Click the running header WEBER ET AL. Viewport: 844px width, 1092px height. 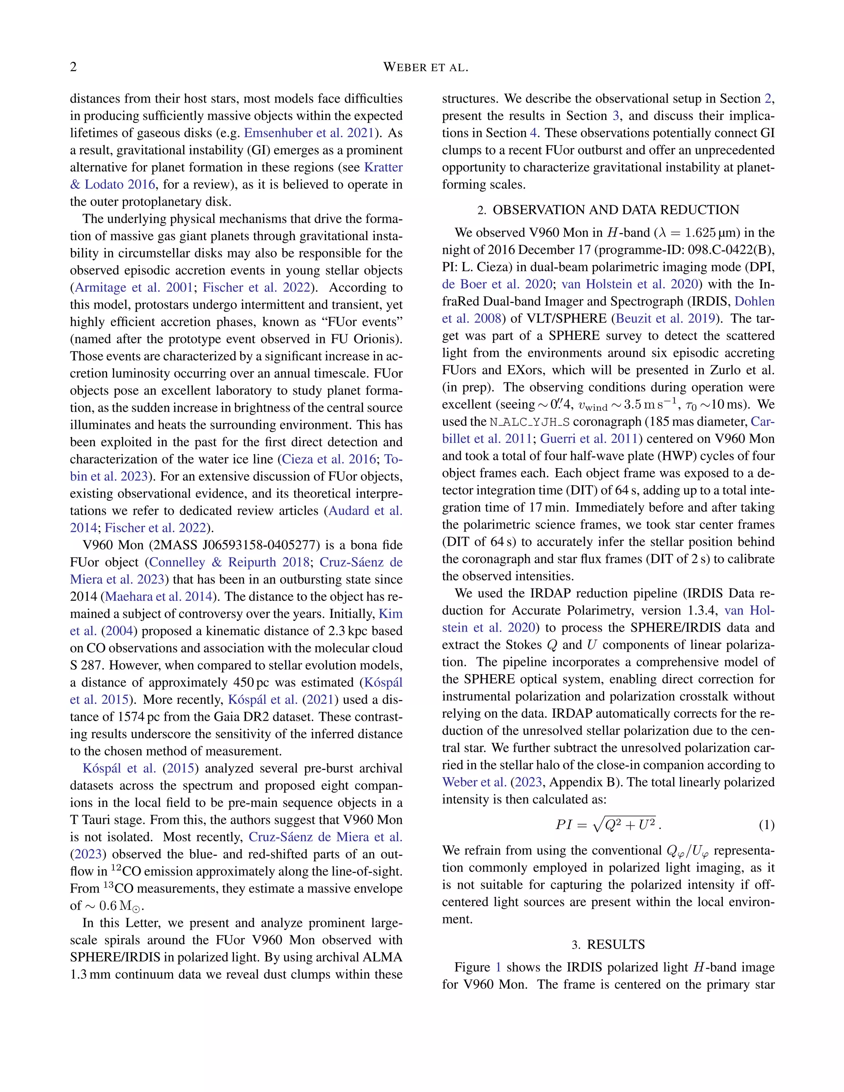coord(425,68)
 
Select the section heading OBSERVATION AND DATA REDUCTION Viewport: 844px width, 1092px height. coord(616,210)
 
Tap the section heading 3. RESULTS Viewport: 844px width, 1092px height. coord(609,944)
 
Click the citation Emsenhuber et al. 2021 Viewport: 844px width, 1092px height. coord(309,133)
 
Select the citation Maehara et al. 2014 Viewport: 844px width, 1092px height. coord(159,597)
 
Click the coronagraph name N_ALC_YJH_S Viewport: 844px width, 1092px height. coord(530,422)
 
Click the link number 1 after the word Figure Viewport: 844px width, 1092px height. coord(498,968)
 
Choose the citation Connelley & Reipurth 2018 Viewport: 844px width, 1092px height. coord(229,562)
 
